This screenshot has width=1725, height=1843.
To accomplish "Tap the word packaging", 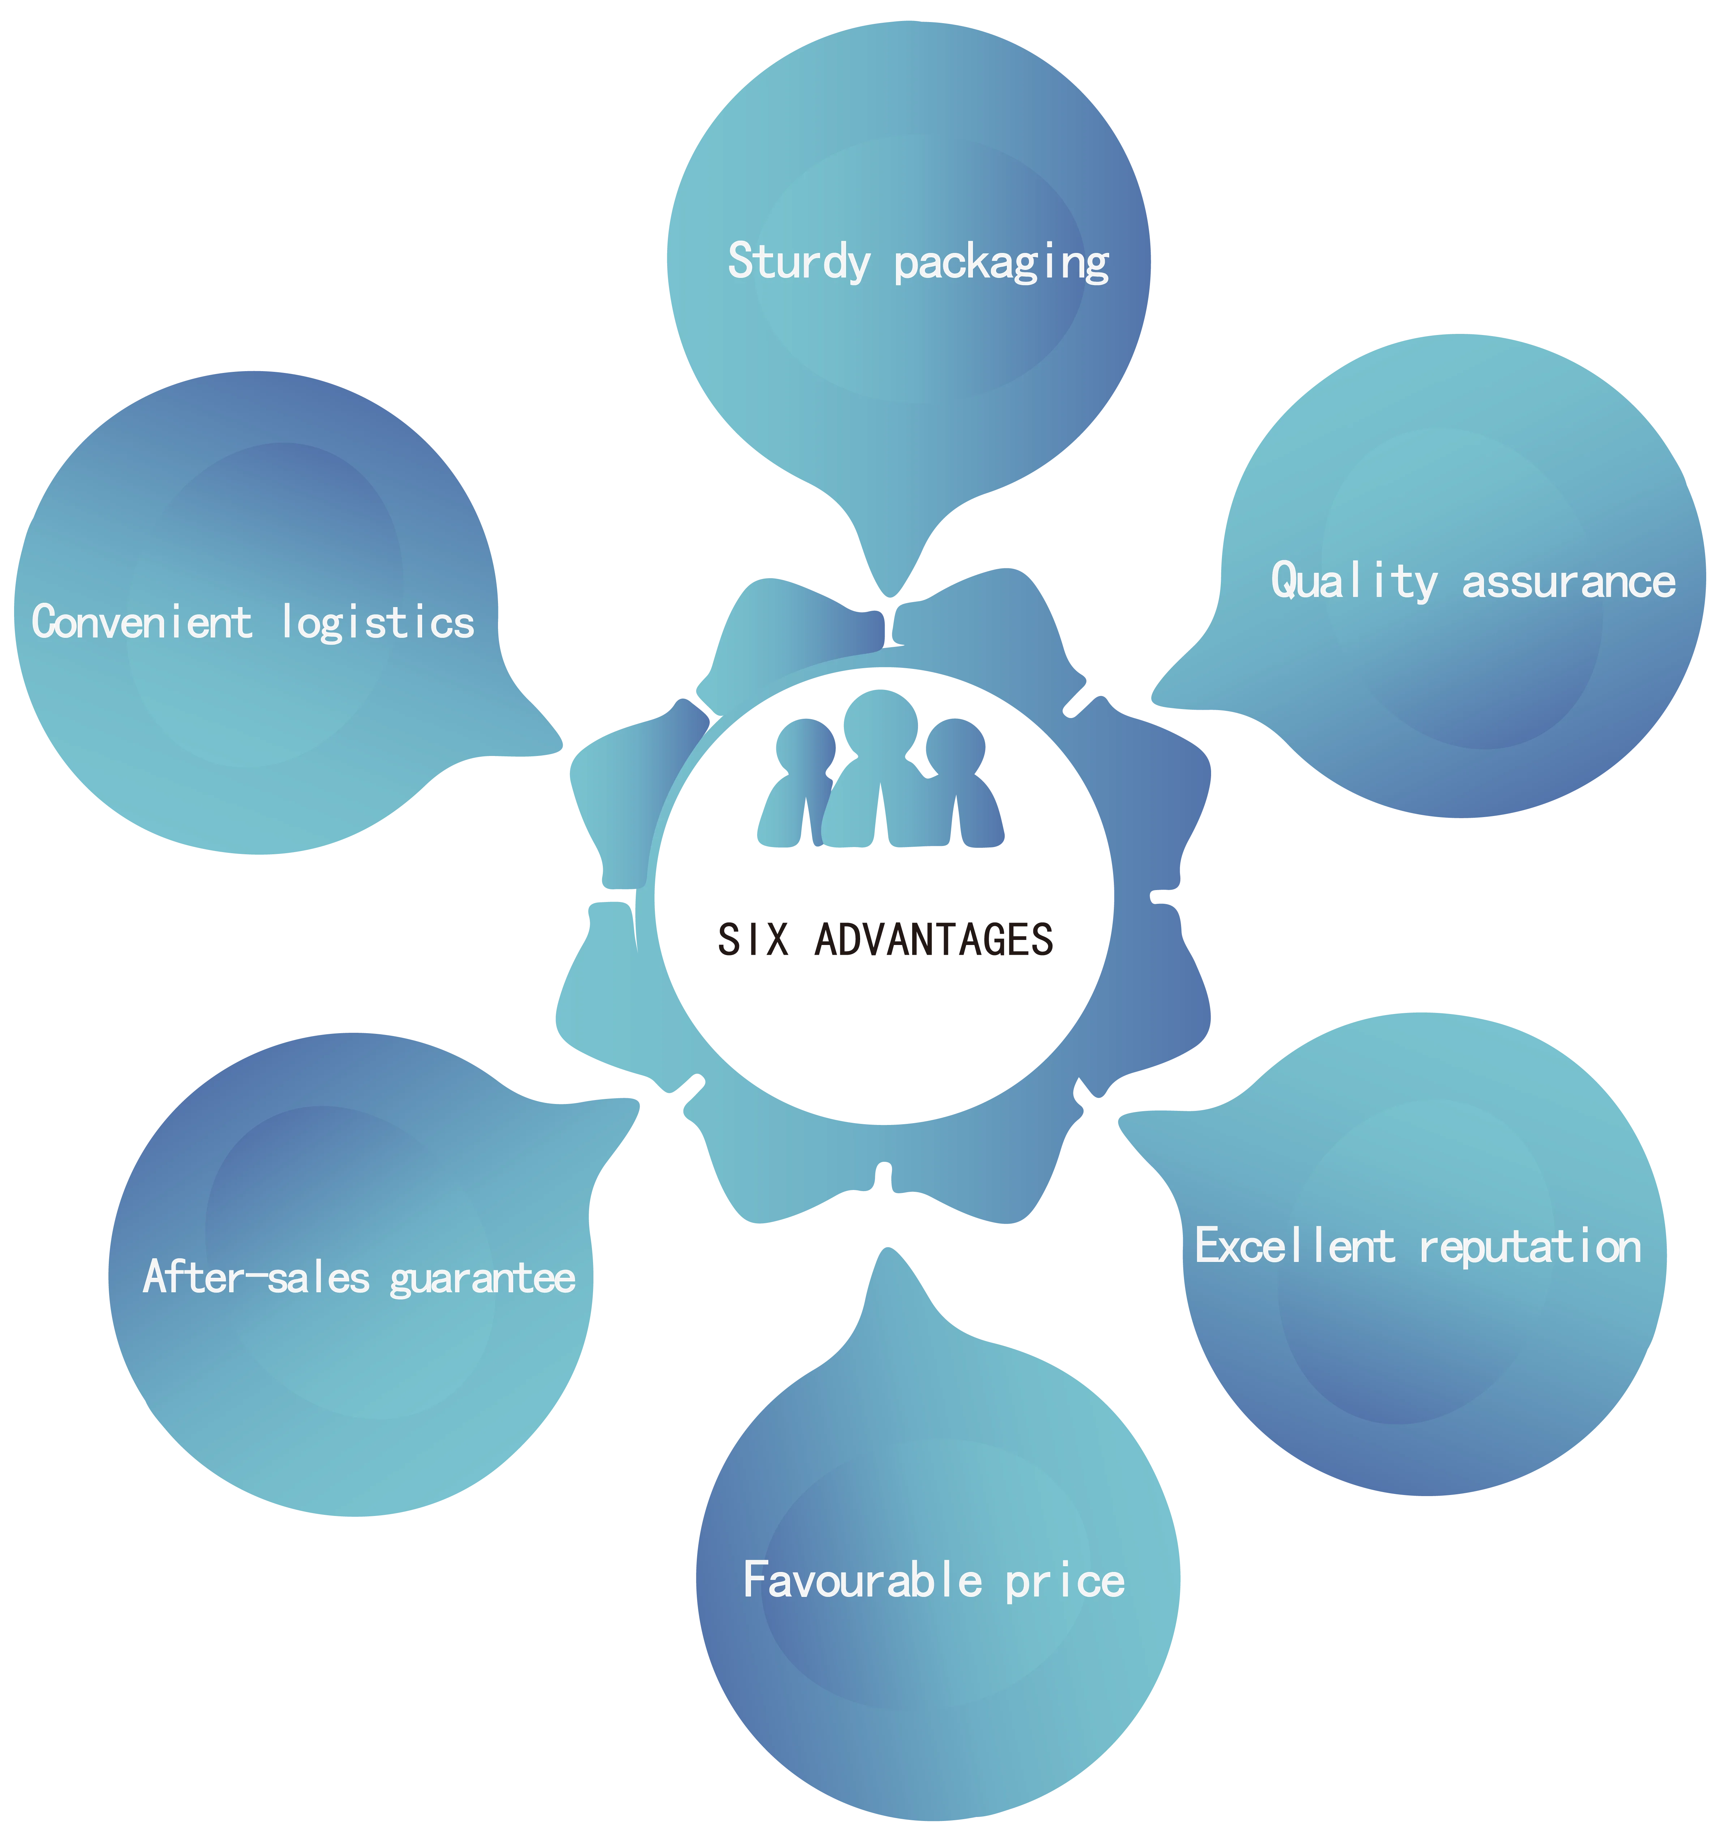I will tap(1001, 263).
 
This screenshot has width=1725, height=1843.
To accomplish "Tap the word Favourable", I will tap(862, 1580).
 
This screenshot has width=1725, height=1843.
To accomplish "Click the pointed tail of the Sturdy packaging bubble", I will tap(888, 584).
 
